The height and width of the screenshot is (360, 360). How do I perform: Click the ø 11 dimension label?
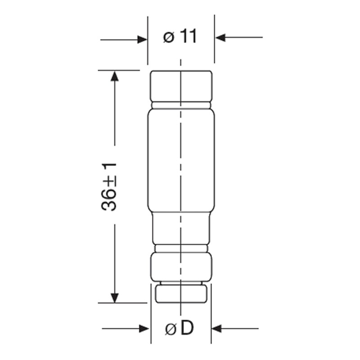[180, 36]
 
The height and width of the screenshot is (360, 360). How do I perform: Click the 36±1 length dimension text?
[109, 187]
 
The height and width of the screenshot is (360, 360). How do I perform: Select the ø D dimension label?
[180, 328]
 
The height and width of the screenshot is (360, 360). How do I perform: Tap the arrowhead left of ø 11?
[142, 40]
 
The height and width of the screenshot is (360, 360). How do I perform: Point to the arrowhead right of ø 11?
[220, 37]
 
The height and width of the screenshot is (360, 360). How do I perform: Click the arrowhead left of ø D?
[144, 329]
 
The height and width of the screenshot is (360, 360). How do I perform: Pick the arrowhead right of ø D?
[216, 328]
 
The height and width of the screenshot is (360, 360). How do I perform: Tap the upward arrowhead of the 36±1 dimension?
[115, 76]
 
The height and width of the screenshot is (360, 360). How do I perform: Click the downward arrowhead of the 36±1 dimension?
[115, 298]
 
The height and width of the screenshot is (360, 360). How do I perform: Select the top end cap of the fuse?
[181, 86]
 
